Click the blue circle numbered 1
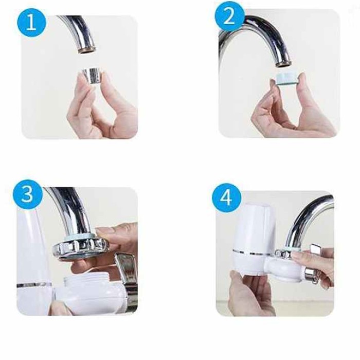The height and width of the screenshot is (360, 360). [31, 22]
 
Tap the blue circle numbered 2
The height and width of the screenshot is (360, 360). [229, 16]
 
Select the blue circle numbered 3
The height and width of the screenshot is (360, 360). [28, 194]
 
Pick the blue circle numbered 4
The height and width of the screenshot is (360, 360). [227, 197]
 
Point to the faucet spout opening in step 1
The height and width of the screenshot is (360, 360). [86, 50]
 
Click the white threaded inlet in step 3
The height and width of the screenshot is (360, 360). [87, 282]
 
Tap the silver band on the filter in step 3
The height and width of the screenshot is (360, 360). [34, 285]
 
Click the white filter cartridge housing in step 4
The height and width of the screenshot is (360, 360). [253, 238]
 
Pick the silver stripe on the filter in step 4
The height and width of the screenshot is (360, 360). [253, 252]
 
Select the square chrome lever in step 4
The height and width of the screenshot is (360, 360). [316, 249]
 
